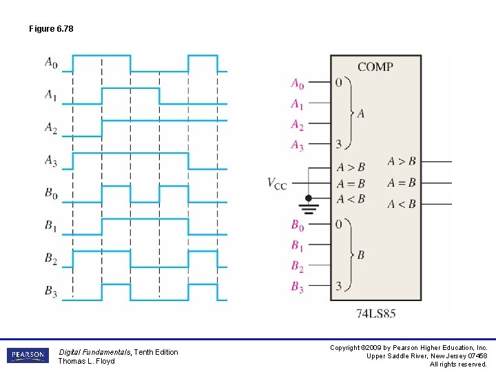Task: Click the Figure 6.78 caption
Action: point(51,29)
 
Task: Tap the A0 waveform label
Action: point(51,63)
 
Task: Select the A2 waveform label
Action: point(51,128)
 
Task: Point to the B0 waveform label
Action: point(51,194)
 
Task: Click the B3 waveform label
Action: point(51,292)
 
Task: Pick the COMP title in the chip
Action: point(375,67)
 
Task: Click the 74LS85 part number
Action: point(375,314)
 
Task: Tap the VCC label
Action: point(277,183)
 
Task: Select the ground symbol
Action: point(309,203)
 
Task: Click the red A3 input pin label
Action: point(297,145)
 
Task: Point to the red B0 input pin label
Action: point(297,225)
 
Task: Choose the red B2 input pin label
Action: point(297,267)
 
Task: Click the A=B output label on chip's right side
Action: point(402,183)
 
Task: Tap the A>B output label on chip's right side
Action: point(402,162)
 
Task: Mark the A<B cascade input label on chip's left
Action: point(351,199)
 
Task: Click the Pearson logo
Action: point(28,355)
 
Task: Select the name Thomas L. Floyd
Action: point(86,361)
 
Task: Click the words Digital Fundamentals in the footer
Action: point(94,352)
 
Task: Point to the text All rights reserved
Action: point(459,364)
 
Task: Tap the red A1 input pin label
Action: point(297,105)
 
